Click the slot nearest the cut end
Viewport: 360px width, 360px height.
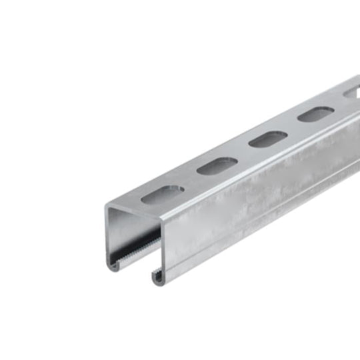163,193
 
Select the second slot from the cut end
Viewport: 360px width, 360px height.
217,165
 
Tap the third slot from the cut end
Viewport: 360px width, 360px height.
267,139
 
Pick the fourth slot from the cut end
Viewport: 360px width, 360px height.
314,115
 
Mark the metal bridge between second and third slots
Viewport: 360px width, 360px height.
242,153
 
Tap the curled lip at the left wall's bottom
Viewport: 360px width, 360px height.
115,265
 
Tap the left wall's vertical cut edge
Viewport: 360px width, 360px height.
107,237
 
